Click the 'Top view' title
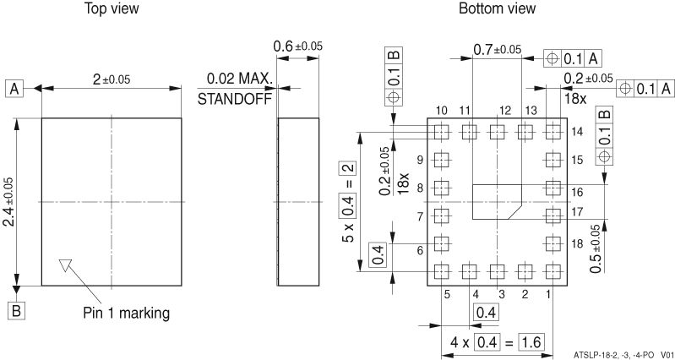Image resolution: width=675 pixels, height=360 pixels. tap(112, 8)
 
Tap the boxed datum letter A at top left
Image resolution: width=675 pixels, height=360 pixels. tap(14, 88)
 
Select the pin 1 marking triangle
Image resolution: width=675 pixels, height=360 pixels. tap(66, 265)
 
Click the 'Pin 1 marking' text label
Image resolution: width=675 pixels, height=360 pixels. tap(126, 313)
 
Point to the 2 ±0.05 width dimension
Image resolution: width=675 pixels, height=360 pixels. tap(112, 79)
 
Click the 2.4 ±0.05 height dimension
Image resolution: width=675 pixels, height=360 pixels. tap(9, 201)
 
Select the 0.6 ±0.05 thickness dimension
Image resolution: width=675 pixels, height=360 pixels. tap(297, 46)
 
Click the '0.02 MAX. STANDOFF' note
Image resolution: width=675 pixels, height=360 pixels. tap(237, 88)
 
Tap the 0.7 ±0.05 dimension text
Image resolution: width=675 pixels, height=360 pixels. tap(497, 50)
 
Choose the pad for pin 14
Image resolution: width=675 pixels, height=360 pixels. tap(554, 131)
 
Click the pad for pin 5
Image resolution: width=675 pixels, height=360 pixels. tap(440, 272)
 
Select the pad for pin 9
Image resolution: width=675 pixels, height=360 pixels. tap(440, 160)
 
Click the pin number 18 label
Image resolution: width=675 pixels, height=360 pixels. tap(578, 243)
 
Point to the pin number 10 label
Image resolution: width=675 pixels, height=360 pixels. tap(441, 111)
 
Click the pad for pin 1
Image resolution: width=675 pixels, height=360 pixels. tap(554, 272)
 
